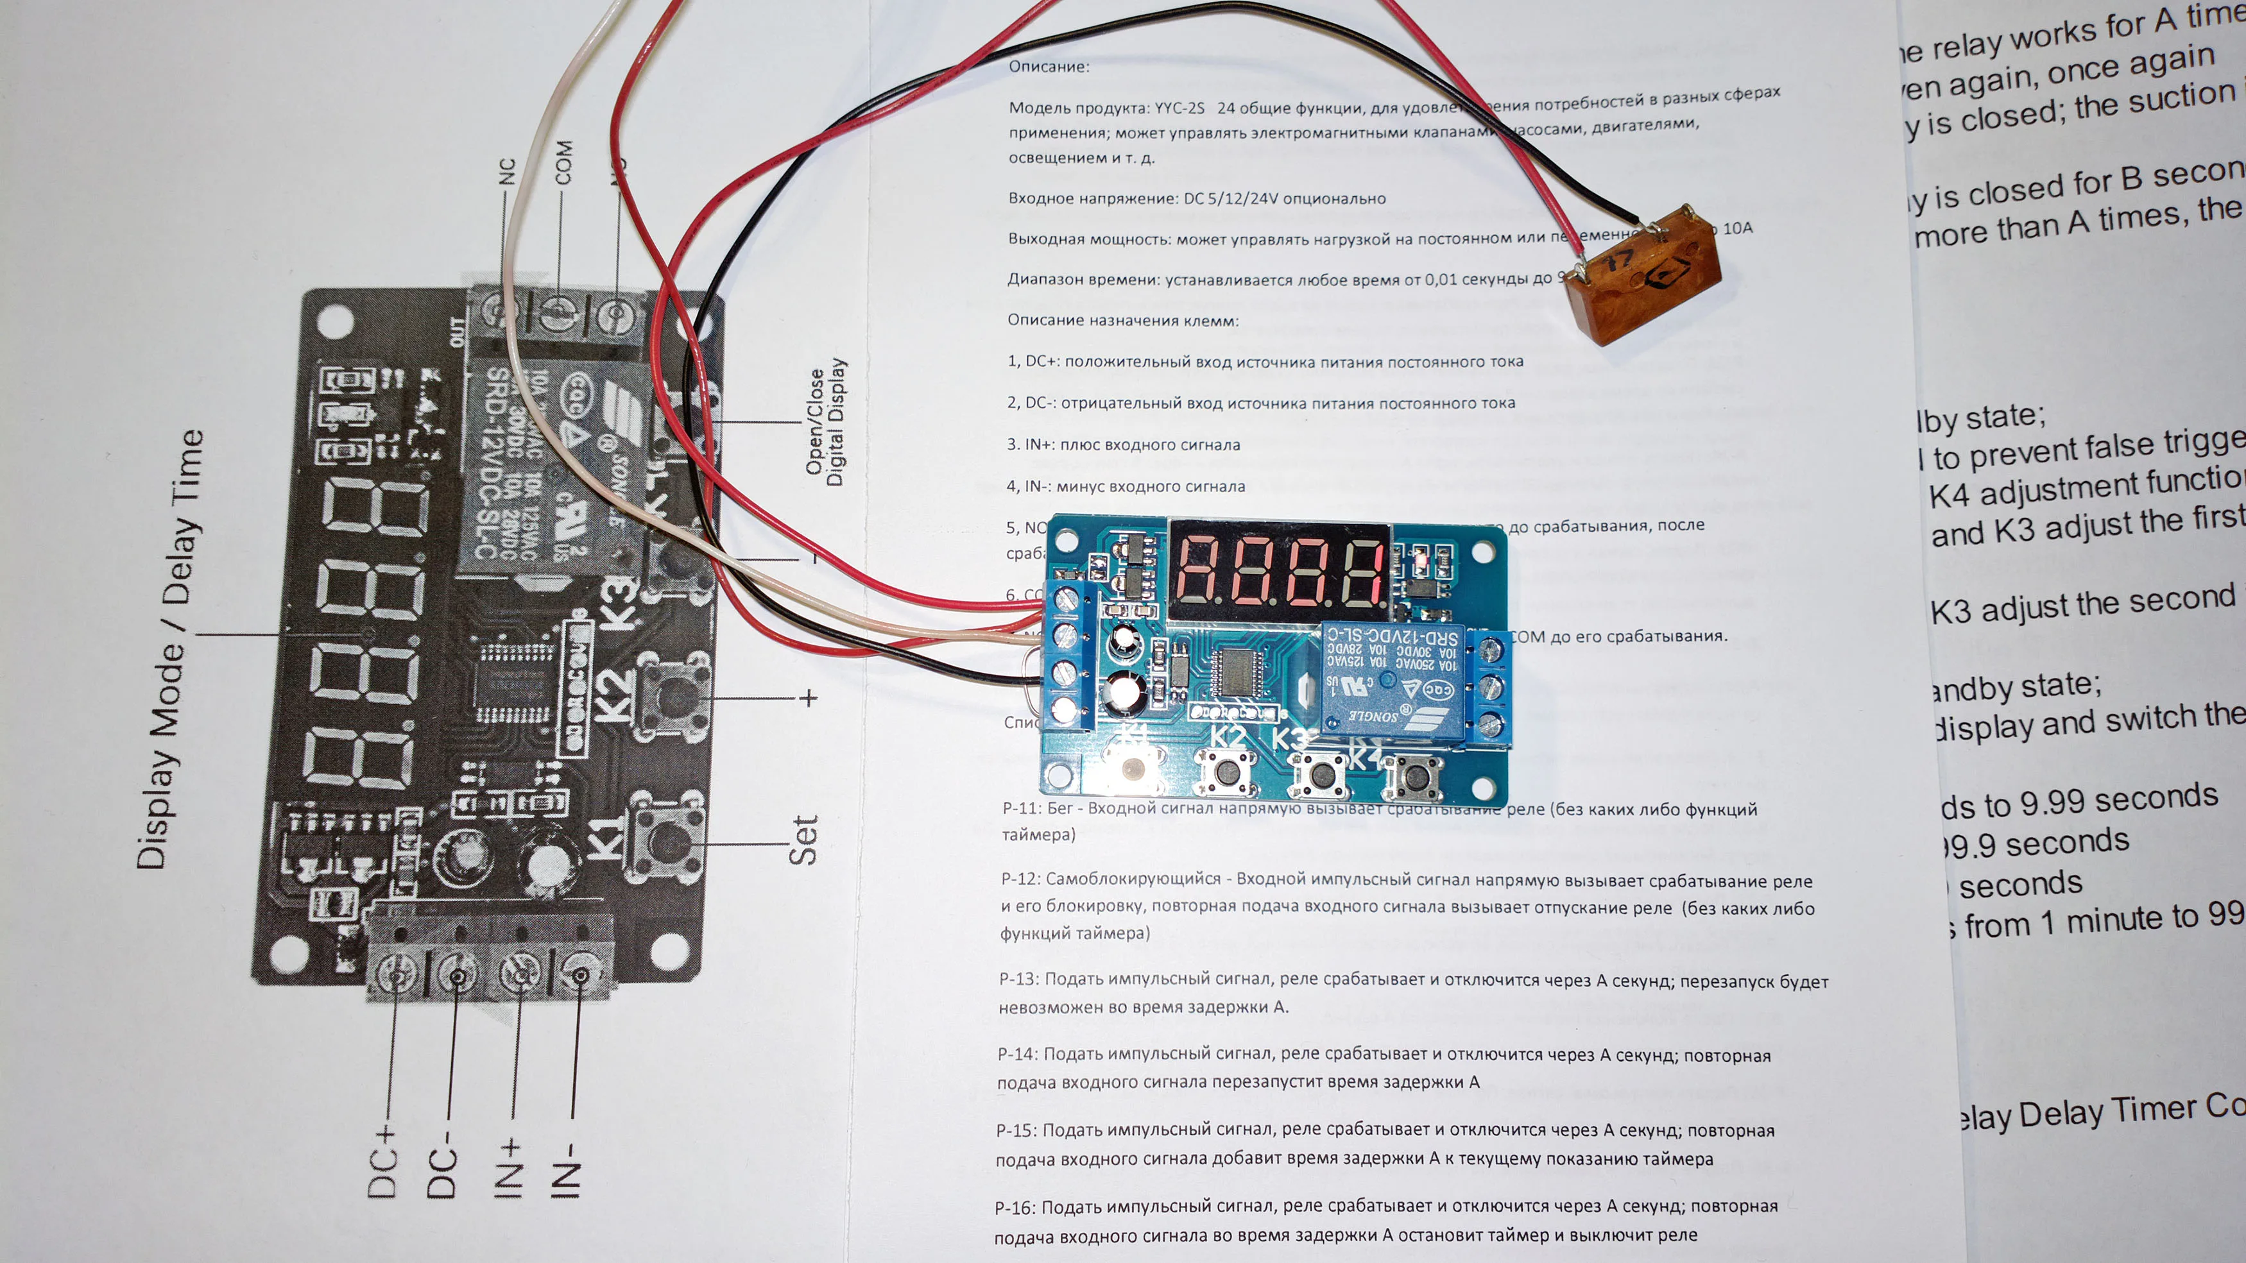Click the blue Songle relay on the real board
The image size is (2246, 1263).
click(x=1390, y=680)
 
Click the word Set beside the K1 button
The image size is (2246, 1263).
click(x=803, y=840)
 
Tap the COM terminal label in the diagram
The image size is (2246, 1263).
click(x=564, y=162)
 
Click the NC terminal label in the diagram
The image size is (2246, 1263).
click(x=506, y=172)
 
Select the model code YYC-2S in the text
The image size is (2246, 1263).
click(x=1179, y=108)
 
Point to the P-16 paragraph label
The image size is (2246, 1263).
click(x=1014, y=1207)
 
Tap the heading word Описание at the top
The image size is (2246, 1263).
click(x=1048, y=66)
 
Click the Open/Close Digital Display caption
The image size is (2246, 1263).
click(x=825, y=423)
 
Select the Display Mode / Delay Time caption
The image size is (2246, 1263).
click(x=171, y=648)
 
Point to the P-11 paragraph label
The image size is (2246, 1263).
click(x=1021, y=808)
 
